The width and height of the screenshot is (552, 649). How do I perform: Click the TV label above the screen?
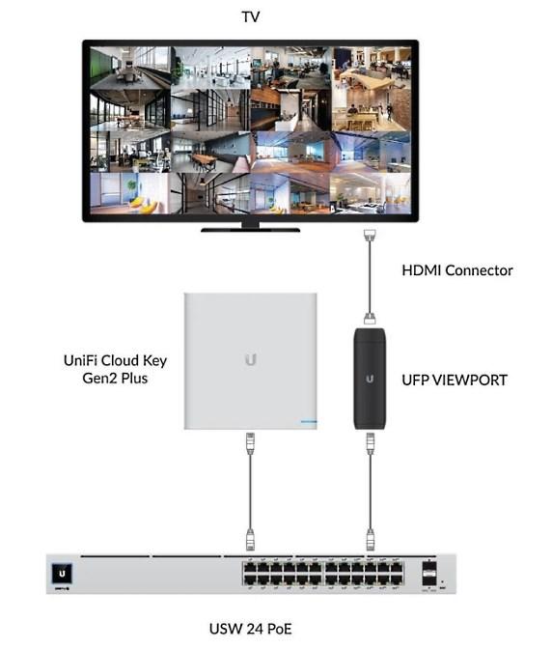[x=251, y=17]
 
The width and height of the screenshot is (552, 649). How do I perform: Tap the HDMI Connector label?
[x=457, y=270]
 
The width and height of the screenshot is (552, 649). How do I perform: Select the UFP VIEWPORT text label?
[x=455, y=380]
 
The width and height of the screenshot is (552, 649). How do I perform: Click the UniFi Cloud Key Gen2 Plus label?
[x=116, y=369]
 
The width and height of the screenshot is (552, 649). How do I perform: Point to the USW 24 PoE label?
[x=251, y=629]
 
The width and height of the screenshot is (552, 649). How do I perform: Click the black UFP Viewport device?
[x=370, y=379]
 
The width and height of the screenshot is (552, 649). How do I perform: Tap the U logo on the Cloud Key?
[x=251, y=359]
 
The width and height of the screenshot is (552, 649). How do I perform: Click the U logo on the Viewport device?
[x=370, y=379]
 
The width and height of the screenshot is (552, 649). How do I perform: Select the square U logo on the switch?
[x=62, y=574]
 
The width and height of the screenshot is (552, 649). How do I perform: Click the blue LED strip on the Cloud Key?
[x=309, y=422]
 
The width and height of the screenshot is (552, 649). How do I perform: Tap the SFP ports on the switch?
[x=428, y=574]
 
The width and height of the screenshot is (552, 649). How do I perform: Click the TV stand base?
[x=251, y=230]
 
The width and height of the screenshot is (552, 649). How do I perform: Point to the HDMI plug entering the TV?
[x=370, y=235]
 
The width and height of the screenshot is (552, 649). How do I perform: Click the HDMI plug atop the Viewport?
[x=370, y=318]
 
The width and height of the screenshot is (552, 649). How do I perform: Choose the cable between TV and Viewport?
[x=370, y=276]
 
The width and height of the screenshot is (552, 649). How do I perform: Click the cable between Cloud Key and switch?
[x=251, y=492]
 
